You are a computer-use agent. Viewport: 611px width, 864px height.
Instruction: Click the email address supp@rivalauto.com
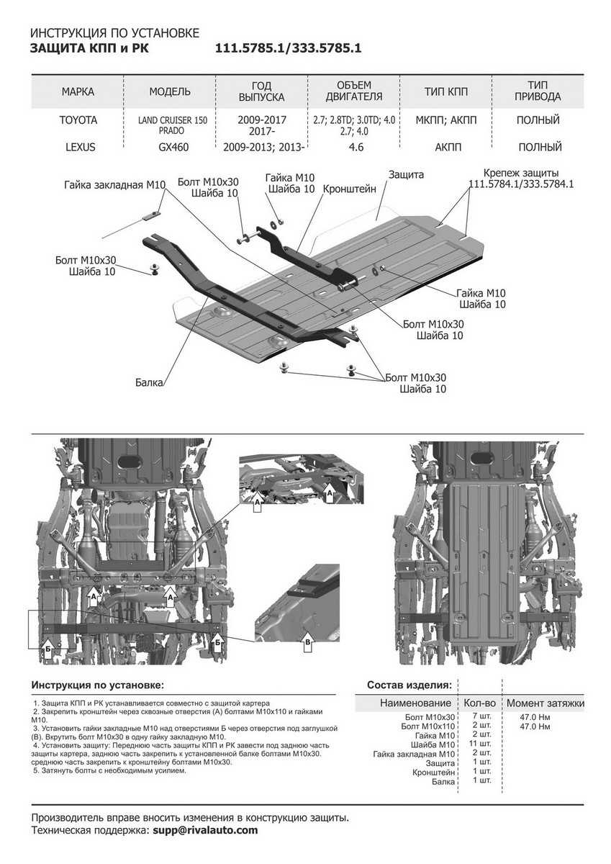click(205, 830)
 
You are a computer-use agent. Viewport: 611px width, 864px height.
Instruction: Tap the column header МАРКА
click(78, 91)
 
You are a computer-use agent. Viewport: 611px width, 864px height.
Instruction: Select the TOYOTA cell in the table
click(78, 120)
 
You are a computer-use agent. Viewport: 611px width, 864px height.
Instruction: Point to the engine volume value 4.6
click(354, 147)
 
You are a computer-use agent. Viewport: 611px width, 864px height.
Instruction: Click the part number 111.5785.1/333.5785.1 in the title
click(288, 50)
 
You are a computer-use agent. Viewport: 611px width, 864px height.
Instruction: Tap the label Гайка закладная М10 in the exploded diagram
click(114, 185)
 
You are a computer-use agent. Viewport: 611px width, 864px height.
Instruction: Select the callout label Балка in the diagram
click(149, 383)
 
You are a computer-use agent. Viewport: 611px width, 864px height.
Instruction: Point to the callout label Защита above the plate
click(406, 175)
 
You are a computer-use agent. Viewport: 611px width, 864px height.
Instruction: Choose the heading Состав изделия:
click(409, 684)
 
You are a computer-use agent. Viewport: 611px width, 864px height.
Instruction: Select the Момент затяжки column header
click(545, 703)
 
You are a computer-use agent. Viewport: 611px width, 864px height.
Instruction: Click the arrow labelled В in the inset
click(308, 642)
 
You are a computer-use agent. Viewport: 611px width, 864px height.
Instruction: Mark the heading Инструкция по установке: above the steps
click(98, 684)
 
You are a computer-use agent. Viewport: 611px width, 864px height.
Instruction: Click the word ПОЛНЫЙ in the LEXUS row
click(540, 147)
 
